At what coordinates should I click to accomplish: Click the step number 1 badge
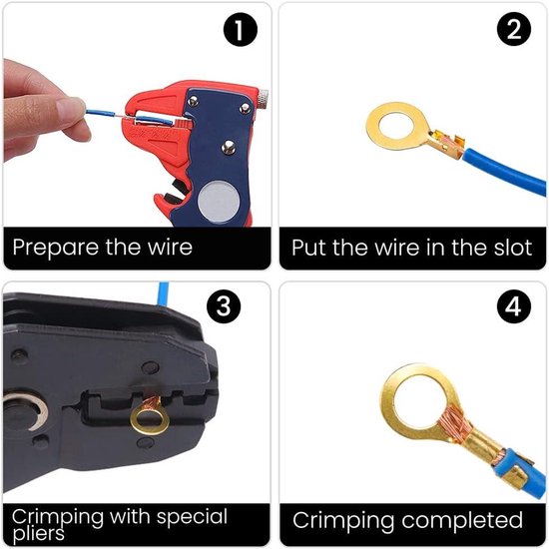click(x=241, y=29)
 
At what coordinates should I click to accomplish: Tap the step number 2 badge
click(x=514, y=29)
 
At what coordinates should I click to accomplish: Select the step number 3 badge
click(x=224, y=306)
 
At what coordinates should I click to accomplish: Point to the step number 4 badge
click(x=514, y=306)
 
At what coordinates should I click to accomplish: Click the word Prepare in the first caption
click(x=56, y=248)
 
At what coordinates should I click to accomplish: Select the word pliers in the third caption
click(x=39, y=534)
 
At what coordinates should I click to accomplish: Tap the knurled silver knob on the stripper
click(x=263, y=99)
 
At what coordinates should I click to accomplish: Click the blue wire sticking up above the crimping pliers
click(x=164, y=294)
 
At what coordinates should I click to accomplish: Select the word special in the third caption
click(x=192, y=517)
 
